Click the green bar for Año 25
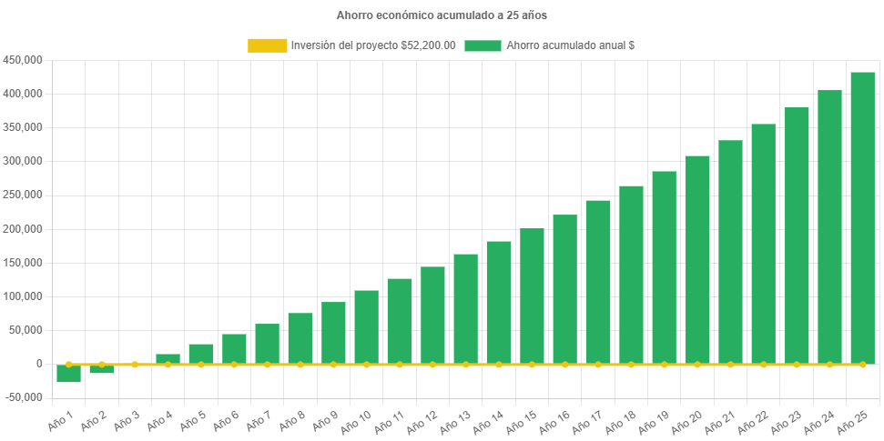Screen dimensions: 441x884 pyautogui.click(x=862, y=218)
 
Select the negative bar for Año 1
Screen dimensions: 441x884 pyautogui.click(x=68, y=374)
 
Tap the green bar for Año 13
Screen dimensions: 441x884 pyautogui.click(x=465, y=309)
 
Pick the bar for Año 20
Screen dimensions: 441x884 pyautogui.click(x=697, y=260)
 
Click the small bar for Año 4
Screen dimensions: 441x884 pyautogui.click(x=168, y=358)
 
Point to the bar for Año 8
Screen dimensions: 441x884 pyautogui.click(x=300, y=338)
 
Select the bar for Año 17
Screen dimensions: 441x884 pyautogui.click(x=598, y=282)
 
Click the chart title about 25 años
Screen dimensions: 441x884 pyautogui.click(x=442, y=15)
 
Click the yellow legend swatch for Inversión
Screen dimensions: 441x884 pyautogui.click(x=267, y=45)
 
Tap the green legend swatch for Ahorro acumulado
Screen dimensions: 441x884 pyautogui.click(x=483, y=45)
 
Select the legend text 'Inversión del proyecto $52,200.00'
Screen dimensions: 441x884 pyautogui.click(x=373, y=45)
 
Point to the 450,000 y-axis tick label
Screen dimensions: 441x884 pyautogui.click(x=24, y=60)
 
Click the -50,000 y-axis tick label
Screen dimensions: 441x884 pyautogui.click(x=24, y=397)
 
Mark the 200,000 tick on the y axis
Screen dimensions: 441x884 pyautogui.click(x=24, y=229)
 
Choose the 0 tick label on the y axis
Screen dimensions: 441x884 pyautogui.click(x=39, y=364)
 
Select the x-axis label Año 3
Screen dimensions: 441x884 pyautogui.click(x=124, y=420)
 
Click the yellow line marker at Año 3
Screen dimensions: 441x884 pyautogui.click(x=135, y=365)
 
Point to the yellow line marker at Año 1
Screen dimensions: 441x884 pyautogui.click(x=68, y=365)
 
